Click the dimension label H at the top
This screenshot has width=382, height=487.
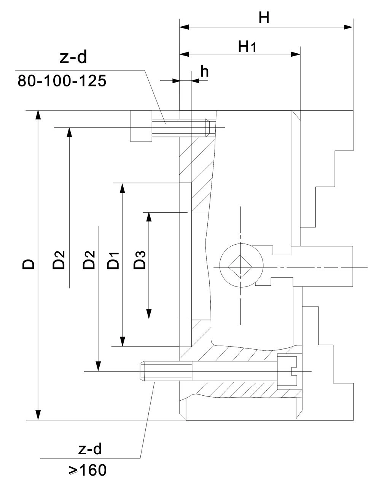point(264,18)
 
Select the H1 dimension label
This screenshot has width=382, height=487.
point(247,47)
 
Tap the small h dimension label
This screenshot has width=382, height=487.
point(204,72)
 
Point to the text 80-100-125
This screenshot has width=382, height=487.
point(62,81)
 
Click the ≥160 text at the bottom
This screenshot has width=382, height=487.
point(88,470)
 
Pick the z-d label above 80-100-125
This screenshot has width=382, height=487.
point(73,57)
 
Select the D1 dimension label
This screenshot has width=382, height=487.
point(113,260)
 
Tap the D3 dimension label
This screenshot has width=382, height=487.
point(139,260)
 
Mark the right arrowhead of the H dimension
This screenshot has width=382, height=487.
point(349,27)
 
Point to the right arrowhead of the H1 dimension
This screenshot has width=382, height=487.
point(295,54)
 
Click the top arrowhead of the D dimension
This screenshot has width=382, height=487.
point(38,115)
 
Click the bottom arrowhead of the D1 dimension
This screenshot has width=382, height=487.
point(123,342)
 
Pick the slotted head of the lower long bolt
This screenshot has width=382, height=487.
point(287,372)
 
